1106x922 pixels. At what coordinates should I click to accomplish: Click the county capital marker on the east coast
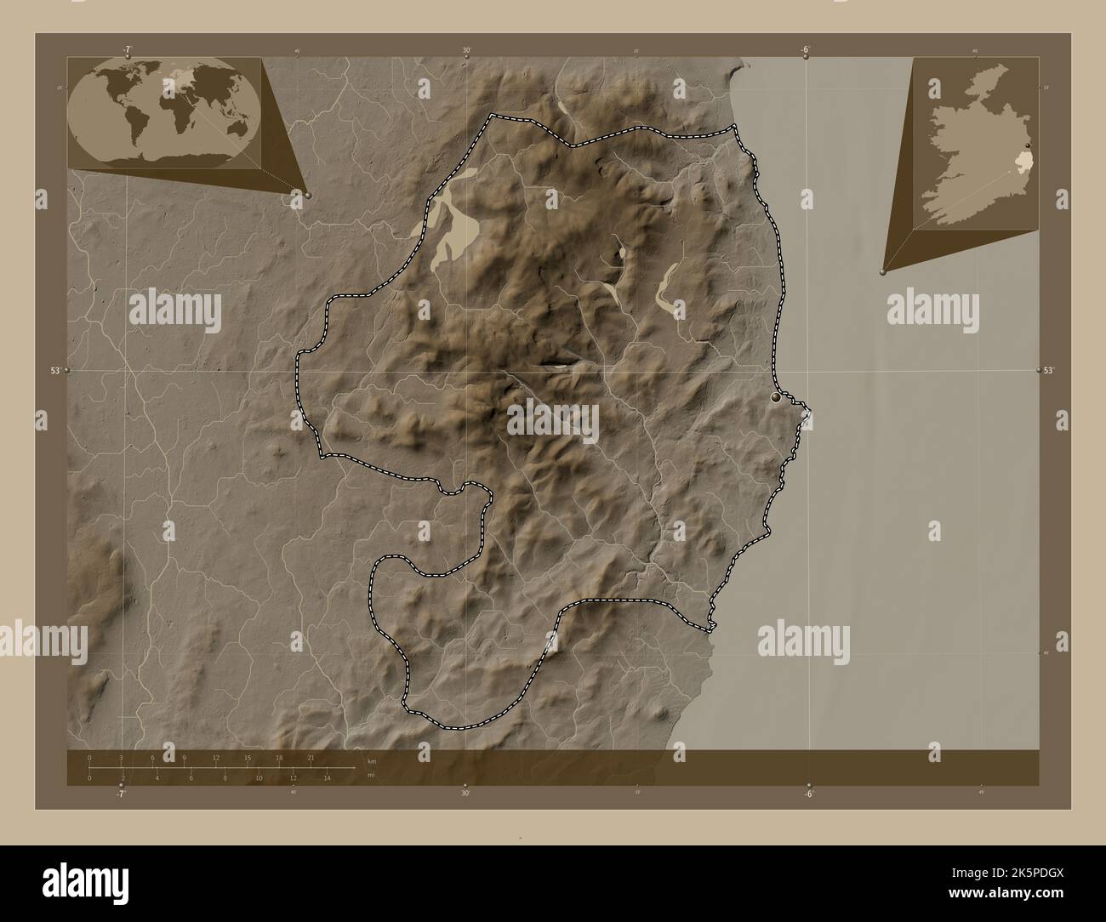(775, 397)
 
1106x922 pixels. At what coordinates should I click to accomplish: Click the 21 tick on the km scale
(312, 757)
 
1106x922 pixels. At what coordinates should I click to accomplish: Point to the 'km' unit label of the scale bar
(371, 761)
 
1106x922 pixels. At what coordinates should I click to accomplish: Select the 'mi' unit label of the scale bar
(371, 775)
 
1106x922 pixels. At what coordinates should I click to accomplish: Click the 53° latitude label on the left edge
(55, 372)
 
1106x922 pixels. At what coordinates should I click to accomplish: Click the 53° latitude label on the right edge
(1049, 371)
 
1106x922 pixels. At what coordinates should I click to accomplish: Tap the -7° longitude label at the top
(128, 49)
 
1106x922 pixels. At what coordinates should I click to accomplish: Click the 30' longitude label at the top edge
(467, 50)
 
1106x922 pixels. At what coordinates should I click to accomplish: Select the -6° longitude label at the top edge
(805, 49)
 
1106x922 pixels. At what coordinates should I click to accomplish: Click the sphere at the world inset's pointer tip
(307, 195)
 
